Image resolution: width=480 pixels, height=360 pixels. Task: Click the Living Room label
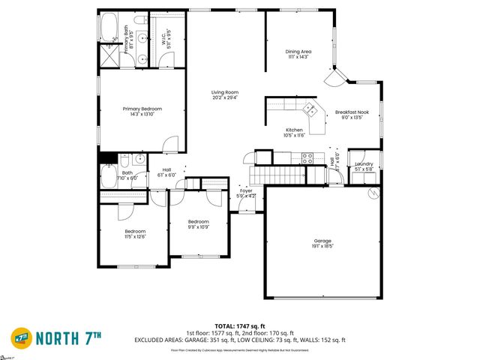coord(225,94)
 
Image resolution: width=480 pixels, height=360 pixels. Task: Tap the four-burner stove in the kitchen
coord(307,157)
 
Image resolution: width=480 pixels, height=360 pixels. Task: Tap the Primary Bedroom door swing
coord(171,142)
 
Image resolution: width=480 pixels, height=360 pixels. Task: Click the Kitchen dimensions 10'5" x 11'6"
coord(293,136)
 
